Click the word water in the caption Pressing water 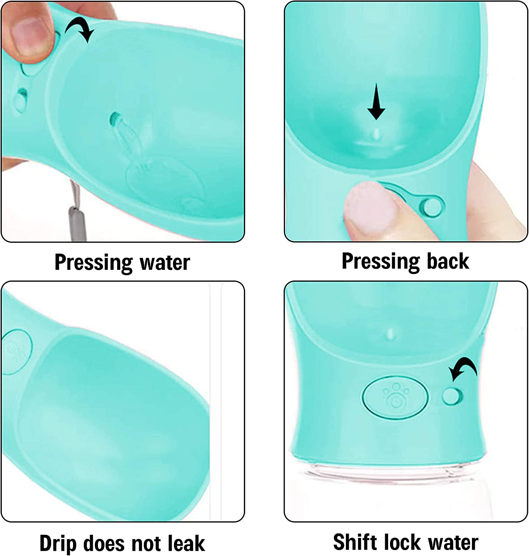pyautogui.click(x=165, y=263)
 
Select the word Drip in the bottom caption pyautogui.click(x=58, y=544)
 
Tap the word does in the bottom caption pyautogui.click(x=104, y=543)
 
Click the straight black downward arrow pyautogui.click(x=376, y=102)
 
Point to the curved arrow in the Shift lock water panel pyautogui.click(x=463, y=368)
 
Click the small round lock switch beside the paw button pyautogui.click(x=452, y=396)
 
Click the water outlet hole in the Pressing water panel pyautogui.click(x=114, y=119)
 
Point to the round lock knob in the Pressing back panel pyautogui.click(x=432, y=207)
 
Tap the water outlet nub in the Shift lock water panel pyautogui.click(x=390, y=334)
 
